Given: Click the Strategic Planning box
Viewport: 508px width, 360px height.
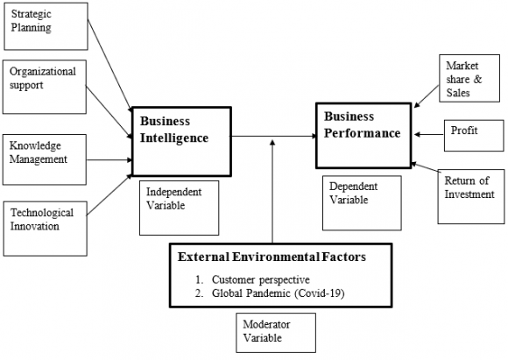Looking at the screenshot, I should [x=45, y=26].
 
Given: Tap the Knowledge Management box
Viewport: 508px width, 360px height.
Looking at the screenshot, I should [x=45, y=158].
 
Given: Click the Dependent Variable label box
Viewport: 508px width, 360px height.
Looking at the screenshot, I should [x=361, y=201].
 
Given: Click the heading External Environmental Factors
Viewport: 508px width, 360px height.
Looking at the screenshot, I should [x=272, y=258].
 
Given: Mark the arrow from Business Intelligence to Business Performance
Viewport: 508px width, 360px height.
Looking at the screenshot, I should [x=272, y=136].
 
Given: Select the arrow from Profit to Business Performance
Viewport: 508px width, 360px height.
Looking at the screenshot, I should [x=429, y=134].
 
